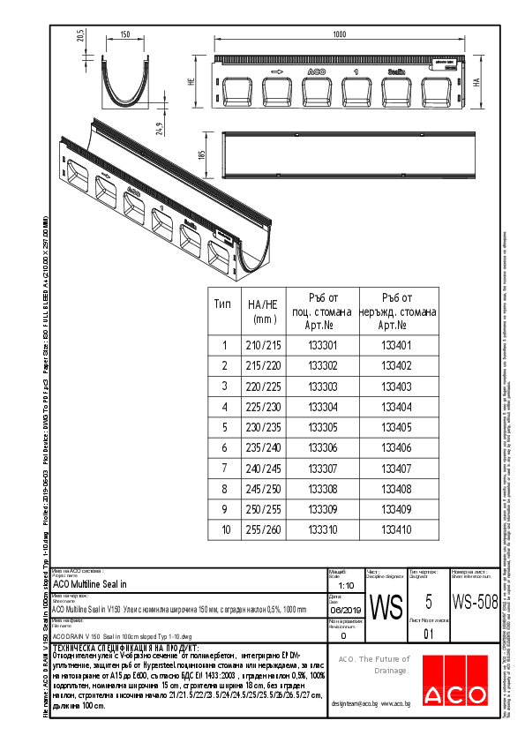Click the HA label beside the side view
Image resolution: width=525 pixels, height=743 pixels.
click(476, 82)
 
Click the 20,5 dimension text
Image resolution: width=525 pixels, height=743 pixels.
click(79, 36)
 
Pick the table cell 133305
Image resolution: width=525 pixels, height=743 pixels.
click(322, 427)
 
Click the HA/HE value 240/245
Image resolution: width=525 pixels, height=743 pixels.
click(264, 468)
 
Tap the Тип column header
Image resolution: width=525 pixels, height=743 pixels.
click(224, 304)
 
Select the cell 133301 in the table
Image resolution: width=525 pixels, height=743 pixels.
click(322, 345)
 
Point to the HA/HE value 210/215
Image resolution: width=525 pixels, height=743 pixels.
click(264, 345)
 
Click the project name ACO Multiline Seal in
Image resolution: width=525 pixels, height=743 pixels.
click(90, 583)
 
